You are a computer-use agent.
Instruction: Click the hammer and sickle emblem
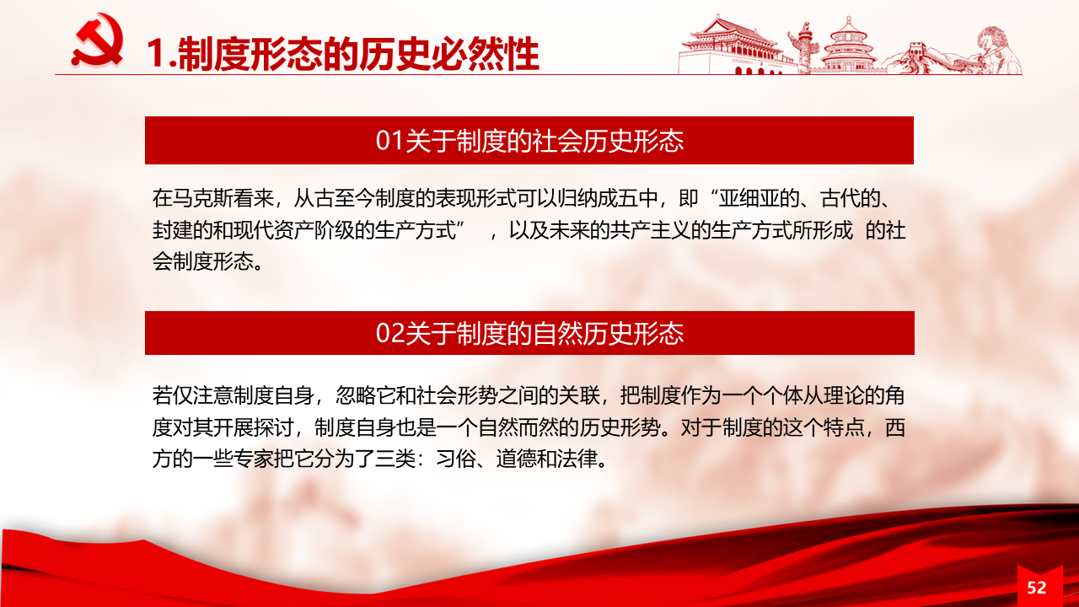click(98, 40)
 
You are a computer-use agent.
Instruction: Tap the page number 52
click(1037, 588)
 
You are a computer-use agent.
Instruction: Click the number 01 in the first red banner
click(389, 141)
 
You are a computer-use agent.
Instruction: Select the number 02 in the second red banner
click(389, 333)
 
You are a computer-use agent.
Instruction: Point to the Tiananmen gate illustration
click(732, 46)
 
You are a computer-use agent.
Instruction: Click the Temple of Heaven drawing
click(849, 46)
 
